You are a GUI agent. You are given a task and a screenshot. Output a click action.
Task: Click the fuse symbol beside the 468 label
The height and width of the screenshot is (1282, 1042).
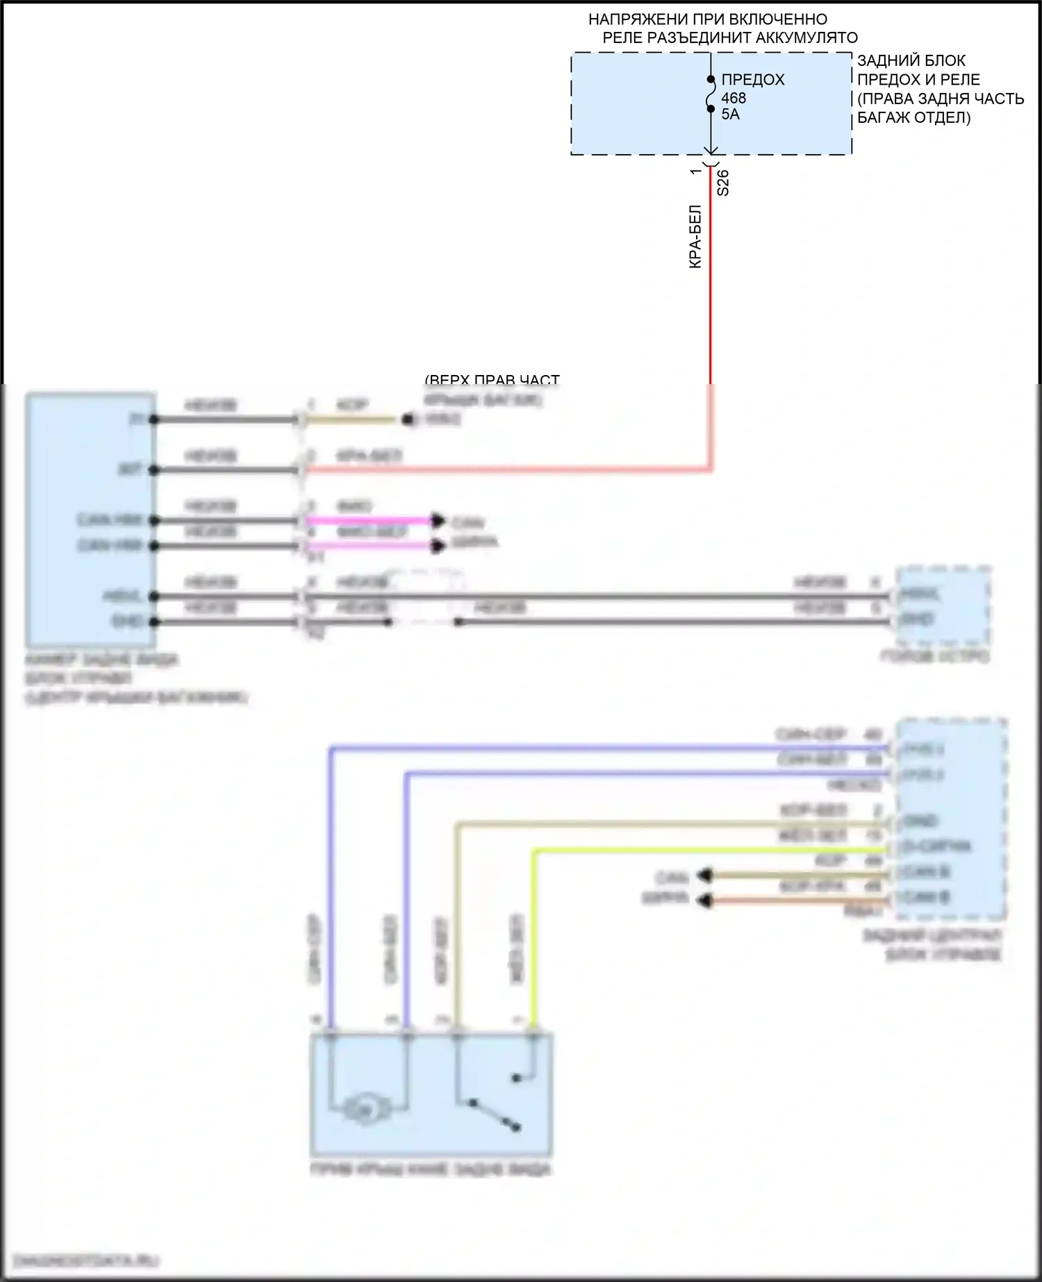711,94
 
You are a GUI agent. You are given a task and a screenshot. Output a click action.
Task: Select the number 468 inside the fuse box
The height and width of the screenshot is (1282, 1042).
734,98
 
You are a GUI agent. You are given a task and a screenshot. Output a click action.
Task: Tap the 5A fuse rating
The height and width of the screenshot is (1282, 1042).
730,115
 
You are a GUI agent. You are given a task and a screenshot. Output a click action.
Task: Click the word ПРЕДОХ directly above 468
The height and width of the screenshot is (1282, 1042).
753,80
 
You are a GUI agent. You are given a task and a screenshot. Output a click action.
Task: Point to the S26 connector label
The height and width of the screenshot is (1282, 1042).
723,183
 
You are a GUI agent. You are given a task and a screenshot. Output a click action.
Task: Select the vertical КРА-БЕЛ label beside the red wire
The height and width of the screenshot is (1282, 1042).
695,237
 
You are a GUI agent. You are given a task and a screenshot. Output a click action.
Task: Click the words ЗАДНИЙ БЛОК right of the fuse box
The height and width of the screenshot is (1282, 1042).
911,60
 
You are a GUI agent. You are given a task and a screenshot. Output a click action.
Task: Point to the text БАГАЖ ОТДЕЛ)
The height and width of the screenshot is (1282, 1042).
913,117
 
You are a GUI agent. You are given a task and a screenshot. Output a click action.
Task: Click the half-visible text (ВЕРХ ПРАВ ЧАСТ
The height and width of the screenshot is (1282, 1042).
492,380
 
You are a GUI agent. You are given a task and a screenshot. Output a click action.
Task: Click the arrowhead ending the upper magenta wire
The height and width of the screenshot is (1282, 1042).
438,520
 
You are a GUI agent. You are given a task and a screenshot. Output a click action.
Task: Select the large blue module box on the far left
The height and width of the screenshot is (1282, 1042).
90,519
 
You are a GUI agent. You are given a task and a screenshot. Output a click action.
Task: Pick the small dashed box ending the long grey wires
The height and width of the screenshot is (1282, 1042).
942,606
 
